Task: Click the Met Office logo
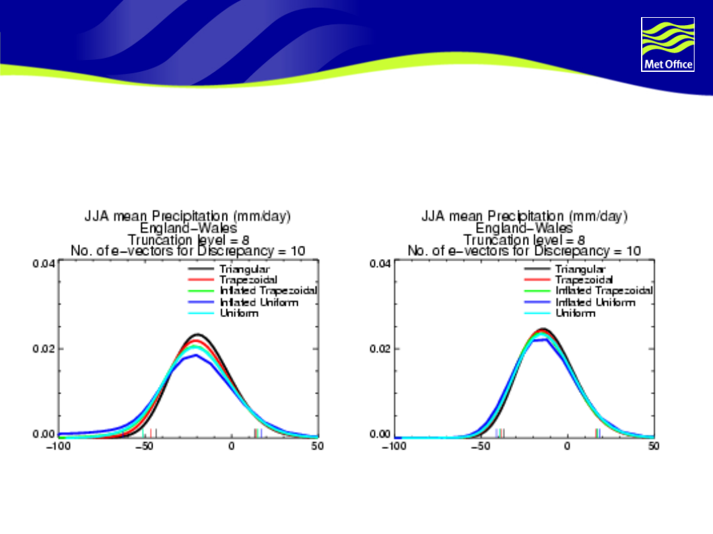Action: (x=667, y=44)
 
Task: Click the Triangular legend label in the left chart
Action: (x=246, y=270)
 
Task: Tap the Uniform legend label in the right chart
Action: (x=575, y=313)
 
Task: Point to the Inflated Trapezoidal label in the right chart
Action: (x=604, y=291)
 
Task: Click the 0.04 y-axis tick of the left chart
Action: (x=44, y=264)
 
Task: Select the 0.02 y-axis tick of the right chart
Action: (x=381, y=349)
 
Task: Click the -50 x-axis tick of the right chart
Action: (x=481, y=446)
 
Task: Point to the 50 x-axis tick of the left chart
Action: (x=318, y=446)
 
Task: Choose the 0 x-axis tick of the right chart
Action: (x=567, y=446)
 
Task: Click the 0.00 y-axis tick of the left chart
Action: (x=44, y=434)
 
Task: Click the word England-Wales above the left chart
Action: (x=188, y=228)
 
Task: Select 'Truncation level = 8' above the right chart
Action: (x=524, y=239)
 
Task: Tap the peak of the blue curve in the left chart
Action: (x=195, y=355)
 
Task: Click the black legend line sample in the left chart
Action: (x=201, y=270)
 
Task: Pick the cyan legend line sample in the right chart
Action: (x=537, y=313)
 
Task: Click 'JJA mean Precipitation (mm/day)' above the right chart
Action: (x=524, y=216)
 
